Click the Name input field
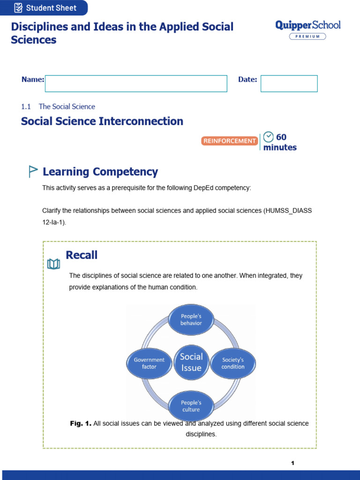coord(136,83)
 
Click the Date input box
coord(289,83)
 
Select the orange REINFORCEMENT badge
coord(230,141)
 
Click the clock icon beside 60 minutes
coord(269,137)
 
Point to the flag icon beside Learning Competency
coord(32,172)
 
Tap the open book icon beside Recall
coord(53,264)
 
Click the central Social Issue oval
coord(191,362)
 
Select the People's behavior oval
coord(191,319)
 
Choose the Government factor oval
coord(149,363)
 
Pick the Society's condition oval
coord(233,363)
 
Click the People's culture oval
coord(191,406)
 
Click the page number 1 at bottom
coord(292,463)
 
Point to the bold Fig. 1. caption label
coord(80,423)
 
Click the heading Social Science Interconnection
coord(102,121)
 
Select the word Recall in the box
coord(82,255)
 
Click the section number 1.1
coord(26,106)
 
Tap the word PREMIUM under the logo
coord(307,36)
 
